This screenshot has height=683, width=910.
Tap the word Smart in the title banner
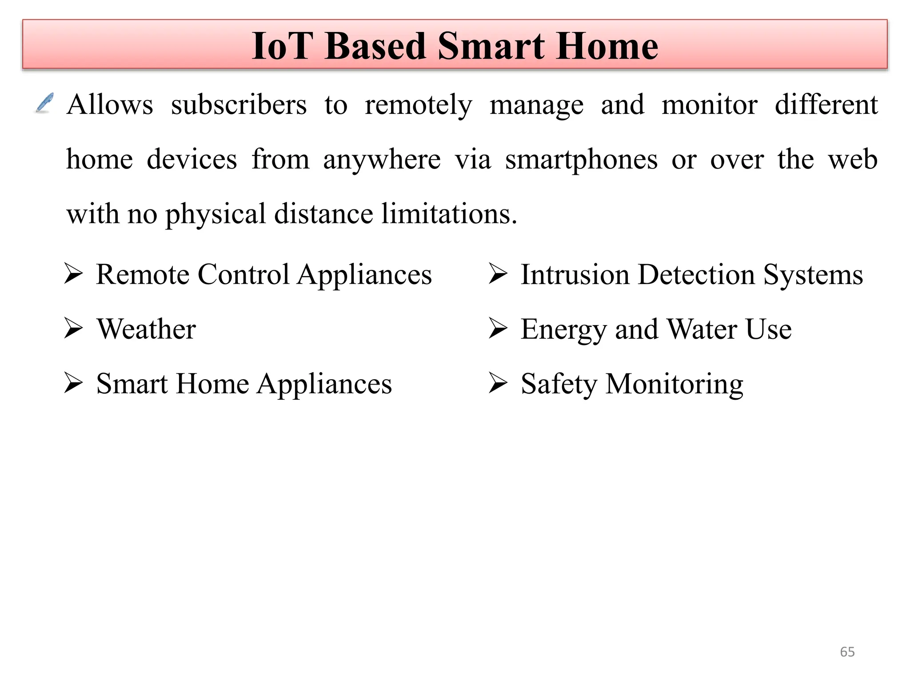(x=491, y=46)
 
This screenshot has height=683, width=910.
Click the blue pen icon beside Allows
(x=44, y=103)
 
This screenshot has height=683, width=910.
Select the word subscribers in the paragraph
(x=239, y=105)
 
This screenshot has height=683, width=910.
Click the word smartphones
(x=581, y=161)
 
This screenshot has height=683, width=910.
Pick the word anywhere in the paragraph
(x=382, y=161)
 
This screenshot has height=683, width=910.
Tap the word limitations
(x=449, y=214)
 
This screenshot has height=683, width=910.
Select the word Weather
(x=146, y=329)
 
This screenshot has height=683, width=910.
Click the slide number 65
(x=847, y=652)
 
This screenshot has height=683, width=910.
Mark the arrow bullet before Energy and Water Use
(x=498, y=329)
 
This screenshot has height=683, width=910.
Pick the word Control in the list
(x=243, y=274)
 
